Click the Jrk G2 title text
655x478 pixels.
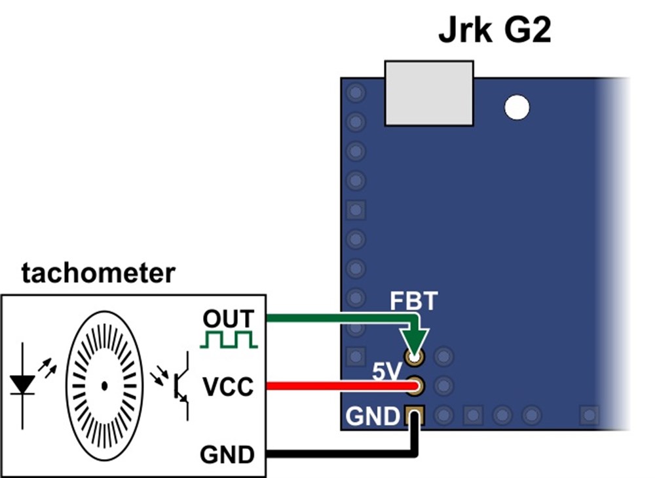495,31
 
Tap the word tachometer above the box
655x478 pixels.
98,273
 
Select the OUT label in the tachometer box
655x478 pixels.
228,319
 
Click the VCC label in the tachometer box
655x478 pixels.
228,388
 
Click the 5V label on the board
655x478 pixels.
386,372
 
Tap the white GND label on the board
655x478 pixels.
372,416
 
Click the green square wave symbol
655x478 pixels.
229,340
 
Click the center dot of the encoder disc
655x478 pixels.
104,386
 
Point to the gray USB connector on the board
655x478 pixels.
429,93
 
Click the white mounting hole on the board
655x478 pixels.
517,107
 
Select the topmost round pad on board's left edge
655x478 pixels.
356,92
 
